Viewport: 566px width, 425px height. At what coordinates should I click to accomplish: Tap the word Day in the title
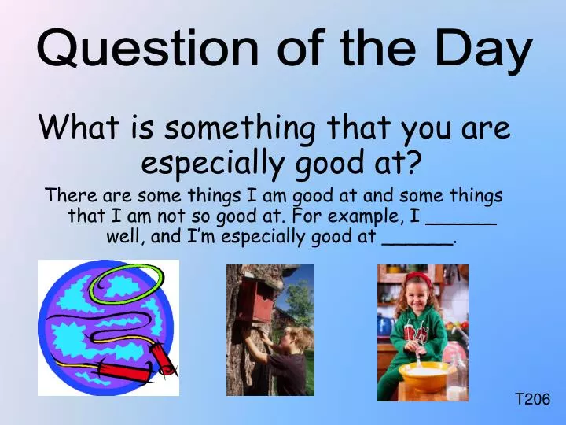point(482,49)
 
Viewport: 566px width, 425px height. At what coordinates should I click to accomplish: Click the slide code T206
point(532,400)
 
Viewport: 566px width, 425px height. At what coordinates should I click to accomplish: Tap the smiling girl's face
point(418,298)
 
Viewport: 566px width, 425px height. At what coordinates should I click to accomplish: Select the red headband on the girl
point(419,278)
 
